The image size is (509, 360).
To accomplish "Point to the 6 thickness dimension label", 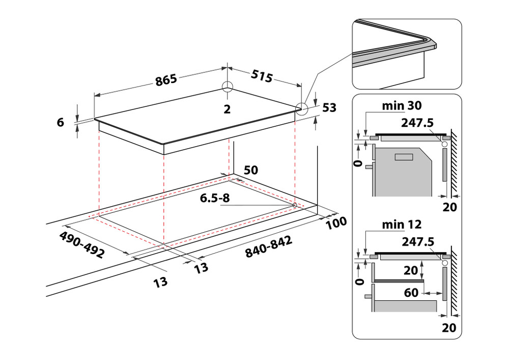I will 61,122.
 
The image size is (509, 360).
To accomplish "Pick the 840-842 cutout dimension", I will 268,247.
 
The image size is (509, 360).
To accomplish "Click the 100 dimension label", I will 336,223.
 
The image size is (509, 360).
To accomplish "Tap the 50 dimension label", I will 250,170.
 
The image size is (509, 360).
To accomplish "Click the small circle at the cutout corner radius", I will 295,205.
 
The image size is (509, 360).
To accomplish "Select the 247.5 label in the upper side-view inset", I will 417,123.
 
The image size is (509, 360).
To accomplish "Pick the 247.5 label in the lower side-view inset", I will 417,241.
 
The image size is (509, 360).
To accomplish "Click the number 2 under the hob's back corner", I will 227,108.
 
